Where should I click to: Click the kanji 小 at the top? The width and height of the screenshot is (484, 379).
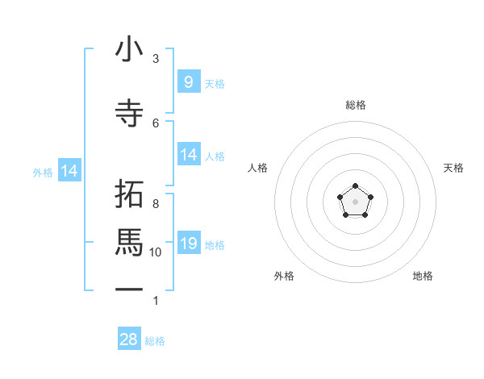click(129, 50)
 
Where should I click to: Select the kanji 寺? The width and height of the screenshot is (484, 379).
click(129, 112)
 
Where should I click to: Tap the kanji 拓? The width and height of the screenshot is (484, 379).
click(129, 195)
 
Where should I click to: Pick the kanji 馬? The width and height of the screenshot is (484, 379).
click(129, 243)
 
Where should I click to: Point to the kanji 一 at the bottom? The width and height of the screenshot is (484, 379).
click(129, 289)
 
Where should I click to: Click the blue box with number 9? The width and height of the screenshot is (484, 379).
click(189, 82)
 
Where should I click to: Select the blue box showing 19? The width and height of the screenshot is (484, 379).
click(189, 244)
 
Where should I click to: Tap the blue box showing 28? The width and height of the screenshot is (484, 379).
click(129, 339)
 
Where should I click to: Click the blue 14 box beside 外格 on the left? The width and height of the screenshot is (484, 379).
click(69, 171)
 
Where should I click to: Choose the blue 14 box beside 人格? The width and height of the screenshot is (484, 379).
click(189, 155)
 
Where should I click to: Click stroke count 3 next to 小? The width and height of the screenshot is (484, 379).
click(156, 59)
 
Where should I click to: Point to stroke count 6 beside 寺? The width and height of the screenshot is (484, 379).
click(156, 123)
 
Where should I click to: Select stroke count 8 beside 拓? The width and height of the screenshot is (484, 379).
click(156, 203)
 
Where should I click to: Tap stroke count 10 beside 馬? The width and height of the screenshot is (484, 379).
click(156, 252)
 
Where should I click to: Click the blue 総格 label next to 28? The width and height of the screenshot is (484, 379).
click(155, 341)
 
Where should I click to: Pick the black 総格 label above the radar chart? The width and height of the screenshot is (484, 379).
click(356, 105)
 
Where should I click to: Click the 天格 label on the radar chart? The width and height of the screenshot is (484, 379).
click(453, 168)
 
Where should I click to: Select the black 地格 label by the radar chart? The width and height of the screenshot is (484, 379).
click(423, 276)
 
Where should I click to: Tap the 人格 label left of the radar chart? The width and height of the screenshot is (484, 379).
click(258, 168)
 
